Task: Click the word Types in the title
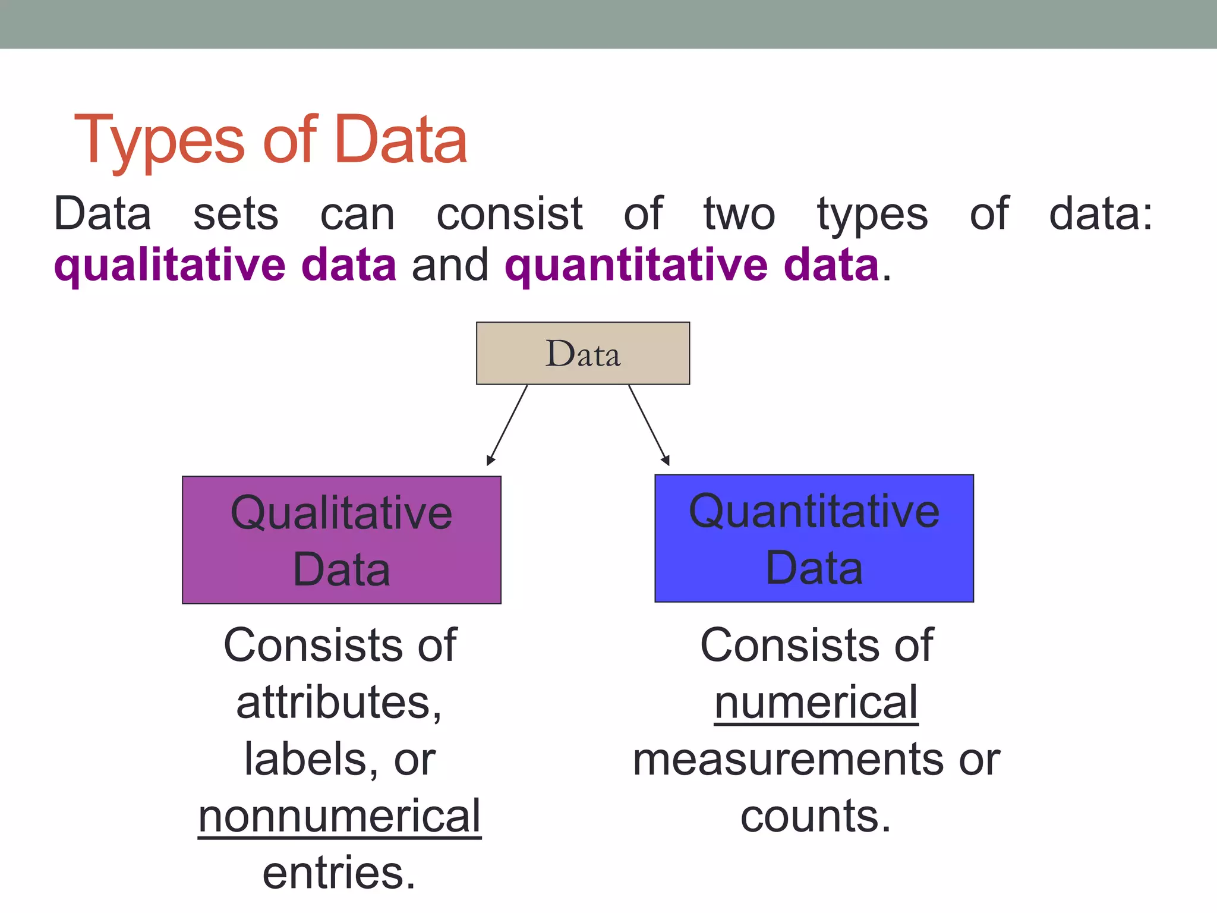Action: [x=159, y=141]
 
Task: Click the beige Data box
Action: [x=582, y=353]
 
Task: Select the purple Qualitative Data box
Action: [x=341, y=540]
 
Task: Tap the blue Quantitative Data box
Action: [x=814, y=538]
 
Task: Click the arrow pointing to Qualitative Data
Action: [x=507, y=425]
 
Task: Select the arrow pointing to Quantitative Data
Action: [x=649, y=425]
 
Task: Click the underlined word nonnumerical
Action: [x=339, y=816]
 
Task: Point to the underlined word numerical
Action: [x=816, y=702]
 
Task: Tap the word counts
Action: [x=815, y=816]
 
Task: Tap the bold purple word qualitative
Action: [x=169, y=265]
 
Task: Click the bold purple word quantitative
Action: [x=636, y=265]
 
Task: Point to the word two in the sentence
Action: [x=739, y=214]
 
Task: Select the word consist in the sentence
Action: [x=509, y=214]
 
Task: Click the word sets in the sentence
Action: [x=235, y=214]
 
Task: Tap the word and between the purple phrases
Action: [x=450, y=265]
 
